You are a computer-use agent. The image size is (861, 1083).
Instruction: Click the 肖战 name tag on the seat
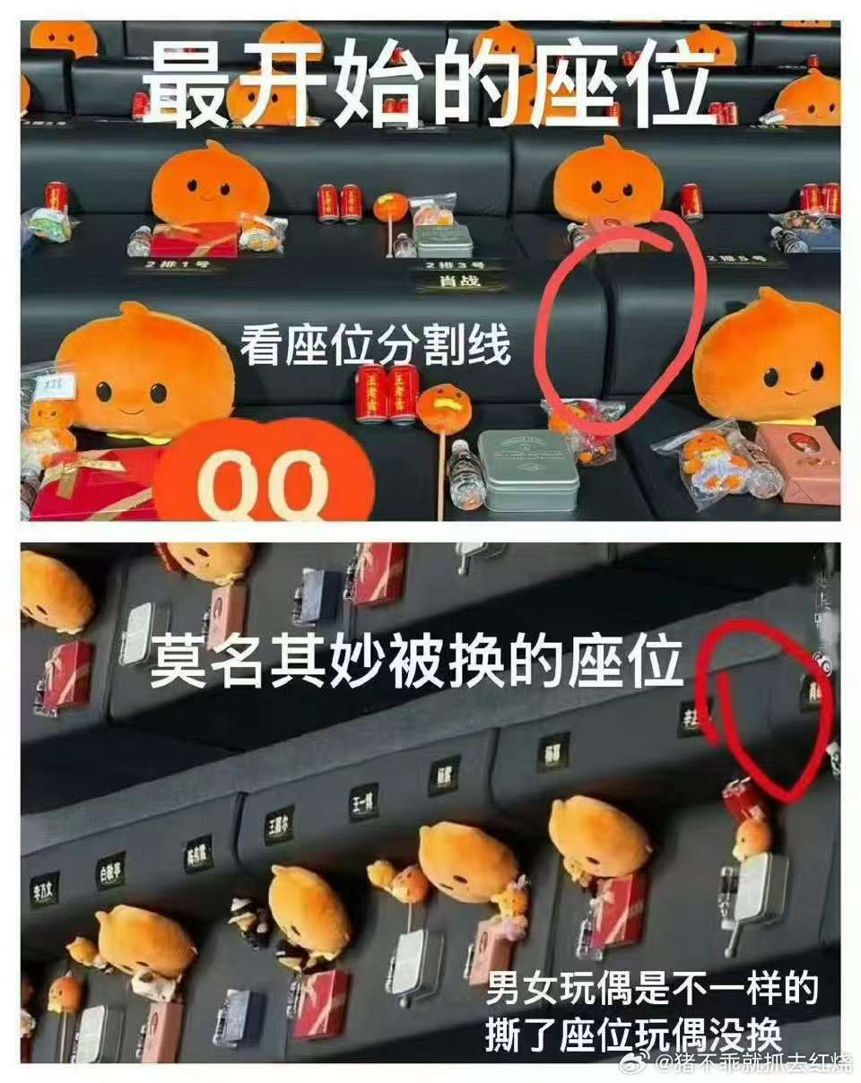(461, 282)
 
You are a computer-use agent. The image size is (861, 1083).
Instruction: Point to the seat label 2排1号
(176, 264)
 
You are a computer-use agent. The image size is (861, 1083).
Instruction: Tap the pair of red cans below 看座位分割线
(387, 393)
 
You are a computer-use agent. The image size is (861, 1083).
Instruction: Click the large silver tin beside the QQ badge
(527, 470)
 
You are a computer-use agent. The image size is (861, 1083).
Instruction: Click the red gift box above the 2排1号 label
(193, 239)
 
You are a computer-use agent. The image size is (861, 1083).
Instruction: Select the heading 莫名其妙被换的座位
(417, 664)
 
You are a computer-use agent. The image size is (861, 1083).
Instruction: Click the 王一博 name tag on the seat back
(363, 801)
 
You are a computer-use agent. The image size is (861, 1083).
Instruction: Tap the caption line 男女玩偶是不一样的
(652, 991)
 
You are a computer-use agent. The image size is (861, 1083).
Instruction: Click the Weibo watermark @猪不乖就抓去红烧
(753, 1064)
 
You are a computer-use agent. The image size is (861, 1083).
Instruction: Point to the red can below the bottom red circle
(741, 800)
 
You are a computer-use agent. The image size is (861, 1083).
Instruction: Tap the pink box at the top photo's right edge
(810, 464)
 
